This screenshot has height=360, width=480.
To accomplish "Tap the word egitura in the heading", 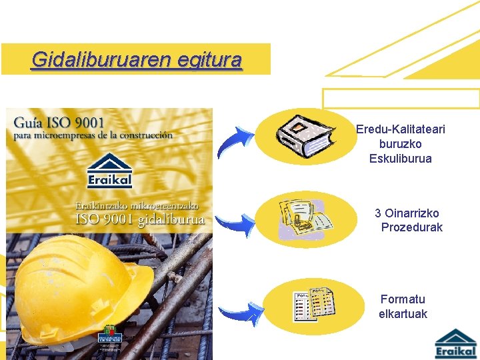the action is [x=209, y=60].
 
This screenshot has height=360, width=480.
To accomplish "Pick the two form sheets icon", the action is [x=314, y=305].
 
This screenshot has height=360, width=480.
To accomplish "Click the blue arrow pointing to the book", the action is [x=233, y=141].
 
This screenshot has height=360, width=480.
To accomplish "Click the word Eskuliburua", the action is [x=400, y=159].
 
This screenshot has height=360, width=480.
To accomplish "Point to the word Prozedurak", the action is [x=411, y=227].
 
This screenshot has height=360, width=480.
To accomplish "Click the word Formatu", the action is [x=403, y=299].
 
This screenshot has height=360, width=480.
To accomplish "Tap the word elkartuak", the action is [x=403, y=314].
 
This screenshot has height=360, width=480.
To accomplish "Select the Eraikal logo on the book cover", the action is [x=110, y=171].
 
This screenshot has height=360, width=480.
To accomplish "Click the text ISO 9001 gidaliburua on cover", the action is [x=139, y=219].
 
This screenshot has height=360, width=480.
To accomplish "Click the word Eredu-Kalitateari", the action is [x=400, y=129].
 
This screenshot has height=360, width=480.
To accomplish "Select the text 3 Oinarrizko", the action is [x=407, y=213].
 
